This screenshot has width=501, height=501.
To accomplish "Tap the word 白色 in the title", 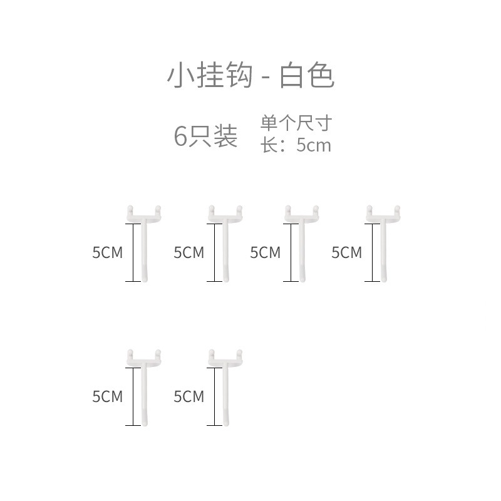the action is click(307, 76).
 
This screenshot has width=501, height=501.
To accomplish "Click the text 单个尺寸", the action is click(295, 123).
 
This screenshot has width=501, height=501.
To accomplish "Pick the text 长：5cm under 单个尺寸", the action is click(295, 145).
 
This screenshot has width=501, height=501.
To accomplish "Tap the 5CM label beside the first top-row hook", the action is click(107, 252).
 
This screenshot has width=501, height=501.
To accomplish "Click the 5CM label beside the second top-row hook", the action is click(189, 252).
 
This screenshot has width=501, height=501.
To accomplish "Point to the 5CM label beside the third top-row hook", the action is click(265, 252).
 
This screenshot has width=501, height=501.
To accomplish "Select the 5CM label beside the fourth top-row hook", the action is click(346, 252).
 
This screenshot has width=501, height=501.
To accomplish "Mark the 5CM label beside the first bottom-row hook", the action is click(107, 396).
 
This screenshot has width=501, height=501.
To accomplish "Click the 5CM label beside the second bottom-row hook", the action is click(189, 396).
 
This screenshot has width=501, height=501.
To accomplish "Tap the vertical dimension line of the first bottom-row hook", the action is click(133, 396).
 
